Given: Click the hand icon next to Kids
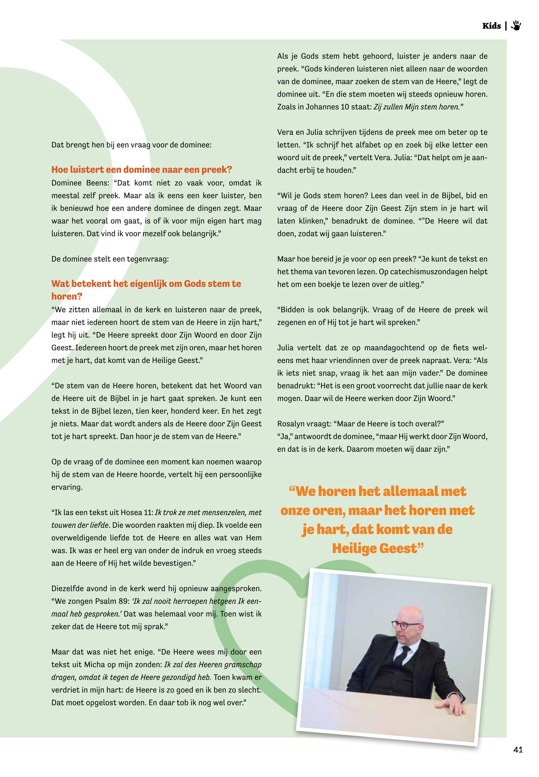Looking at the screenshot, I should click(x=516, y=25).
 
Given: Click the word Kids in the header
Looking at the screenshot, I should click(x=491, y=26).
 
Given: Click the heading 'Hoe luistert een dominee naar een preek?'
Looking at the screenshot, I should click(x=142, y=169).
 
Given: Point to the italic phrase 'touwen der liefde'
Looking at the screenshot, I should click(x=80, y=525).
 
